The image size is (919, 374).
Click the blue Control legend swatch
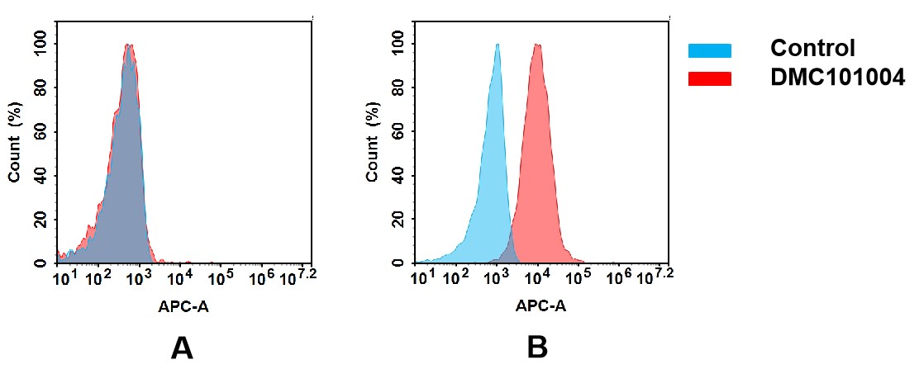709,51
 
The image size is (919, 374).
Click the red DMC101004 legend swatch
709,78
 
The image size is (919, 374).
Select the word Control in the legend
812,49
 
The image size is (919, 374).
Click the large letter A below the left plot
182,349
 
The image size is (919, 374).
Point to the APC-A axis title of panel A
183,306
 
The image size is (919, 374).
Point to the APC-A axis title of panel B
540,306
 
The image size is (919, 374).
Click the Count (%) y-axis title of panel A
15,146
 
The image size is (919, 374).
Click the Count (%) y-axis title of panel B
373,146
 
